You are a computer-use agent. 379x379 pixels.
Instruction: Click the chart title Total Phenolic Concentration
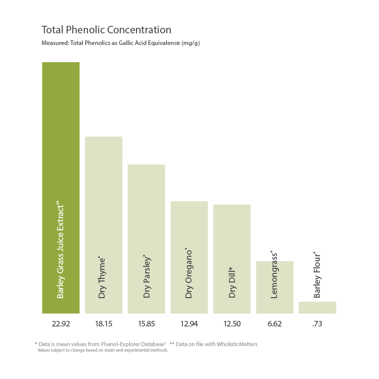(x=106, y=29)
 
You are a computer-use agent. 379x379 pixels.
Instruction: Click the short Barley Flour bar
(x=317, y=308)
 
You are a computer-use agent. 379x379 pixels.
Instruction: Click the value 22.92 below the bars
(x=61, y=324)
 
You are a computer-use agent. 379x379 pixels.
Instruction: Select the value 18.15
(x=104, y=324)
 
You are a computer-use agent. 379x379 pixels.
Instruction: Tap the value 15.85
(x=147, y=324)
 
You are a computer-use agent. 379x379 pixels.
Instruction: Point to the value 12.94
(x=189, y=324)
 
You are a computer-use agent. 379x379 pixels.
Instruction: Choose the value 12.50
(x=232, y=324)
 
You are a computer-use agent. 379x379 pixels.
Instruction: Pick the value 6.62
(x=274, y=324)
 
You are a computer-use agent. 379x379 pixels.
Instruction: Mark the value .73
(x=317, y=324)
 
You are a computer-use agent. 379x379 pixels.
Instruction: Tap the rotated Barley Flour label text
(x=317, y=275)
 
